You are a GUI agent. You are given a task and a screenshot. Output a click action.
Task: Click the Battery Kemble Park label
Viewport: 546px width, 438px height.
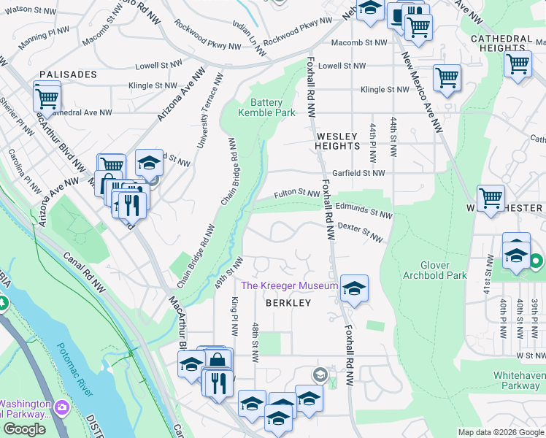(267, 107)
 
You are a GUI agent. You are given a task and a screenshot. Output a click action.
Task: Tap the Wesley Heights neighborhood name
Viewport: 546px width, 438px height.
(337, 141)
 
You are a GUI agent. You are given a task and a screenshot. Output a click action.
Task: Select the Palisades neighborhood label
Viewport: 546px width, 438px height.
(68, 74)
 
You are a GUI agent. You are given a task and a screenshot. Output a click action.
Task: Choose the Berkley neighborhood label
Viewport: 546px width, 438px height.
(288, 302)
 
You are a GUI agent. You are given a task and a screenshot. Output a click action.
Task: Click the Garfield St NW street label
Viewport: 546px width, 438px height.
(358, 173)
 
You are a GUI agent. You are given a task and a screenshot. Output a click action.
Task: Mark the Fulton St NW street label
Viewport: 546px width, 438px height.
(296, 194)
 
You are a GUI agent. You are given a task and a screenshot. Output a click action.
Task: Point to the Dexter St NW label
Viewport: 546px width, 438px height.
(361, 233)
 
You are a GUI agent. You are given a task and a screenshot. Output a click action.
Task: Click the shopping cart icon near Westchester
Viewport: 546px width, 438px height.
(491, 197)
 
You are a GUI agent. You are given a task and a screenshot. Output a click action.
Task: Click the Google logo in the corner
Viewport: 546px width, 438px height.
(24, 429)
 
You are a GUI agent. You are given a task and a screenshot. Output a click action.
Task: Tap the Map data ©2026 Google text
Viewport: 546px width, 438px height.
(500, 432)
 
